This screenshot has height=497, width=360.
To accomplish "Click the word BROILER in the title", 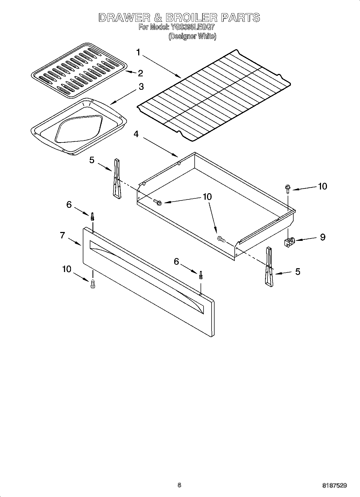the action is point(191,18).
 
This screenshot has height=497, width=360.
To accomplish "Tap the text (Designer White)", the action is point(192,36).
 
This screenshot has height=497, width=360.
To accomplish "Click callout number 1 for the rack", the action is point(138,52).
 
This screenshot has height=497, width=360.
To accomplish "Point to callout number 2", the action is point(140,73).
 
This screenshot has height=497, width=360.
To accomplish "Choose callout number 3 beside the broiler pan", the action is point(141,87).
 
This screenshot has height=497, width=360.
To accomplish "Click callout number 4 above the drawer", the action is point(136,134).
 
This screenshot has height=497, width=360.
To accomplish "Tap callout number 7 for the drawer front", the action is point(62,235).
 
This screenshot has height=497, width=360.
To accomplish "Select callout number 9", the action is point(322,237).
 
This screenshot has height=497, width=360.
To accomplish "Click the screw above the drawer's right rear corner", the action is point(287,188).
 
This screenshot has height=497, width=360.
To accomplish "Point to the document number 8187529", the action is point(334,486).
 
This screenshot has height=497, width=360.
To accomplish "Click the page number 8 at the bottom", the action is point(179,485).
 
